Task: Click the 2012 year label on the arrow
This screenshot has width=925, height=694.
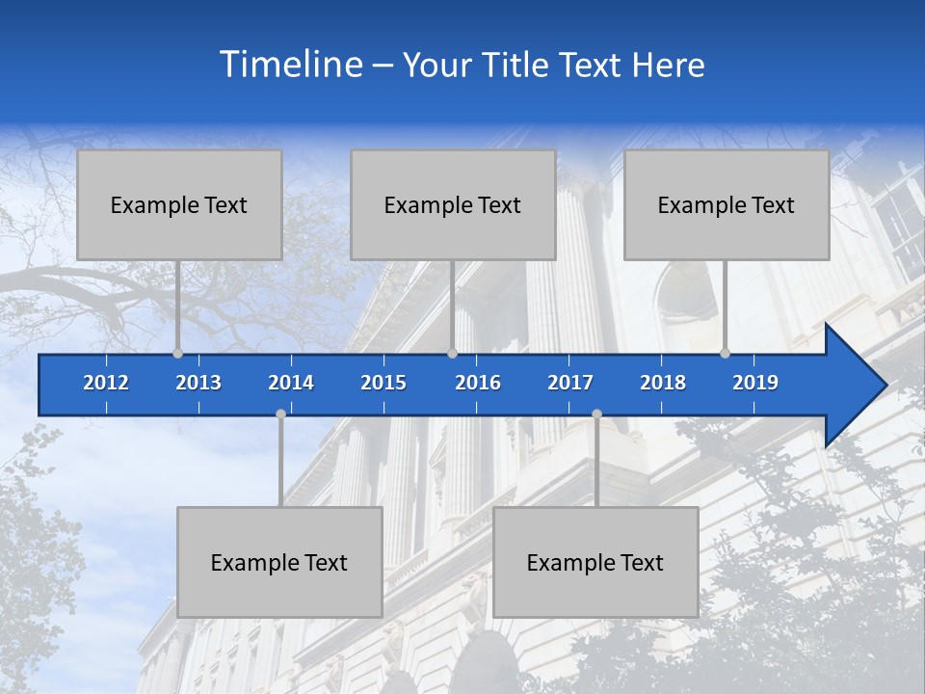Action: [106, 383]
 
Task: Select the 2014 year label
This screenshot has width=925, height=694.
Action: [291, 383]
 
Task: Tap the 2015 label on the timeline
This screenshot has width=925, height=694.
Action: [383, 383]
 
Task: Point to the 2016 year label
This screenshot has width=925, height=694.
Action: [478, 383]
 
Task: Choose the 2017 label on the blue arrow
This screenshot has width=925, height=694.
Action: [570, 383]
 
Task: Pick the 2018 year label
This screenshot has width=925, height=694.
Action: [663, 383]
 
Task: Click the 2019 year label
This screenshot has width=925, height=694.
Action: [755, 383]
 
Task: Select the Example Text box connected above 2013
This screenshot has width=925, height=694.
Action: [179, 204]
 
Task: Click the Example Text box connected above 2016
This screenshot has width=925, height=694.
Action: [453, 204]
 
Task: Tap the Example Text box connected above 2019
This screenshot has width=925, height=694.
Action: [727, 204]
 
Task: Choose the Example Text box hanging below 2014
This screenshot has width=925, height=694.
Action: [279, 562]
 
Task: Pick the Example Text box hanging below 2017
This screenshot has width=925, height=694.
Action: [595, 562]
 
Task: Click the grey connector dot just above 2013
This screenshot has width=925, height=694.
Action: [178, 353]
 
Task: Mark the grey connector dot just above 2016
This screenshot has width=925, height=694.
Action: [453, 353]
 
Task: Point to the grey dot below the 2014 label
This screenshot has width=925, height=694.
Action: [280, 414]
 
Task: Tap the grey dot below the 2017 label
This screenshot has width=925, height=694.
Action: [596, 414]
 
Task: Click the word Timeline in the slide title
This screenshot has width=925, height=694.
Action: [290, 65]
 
